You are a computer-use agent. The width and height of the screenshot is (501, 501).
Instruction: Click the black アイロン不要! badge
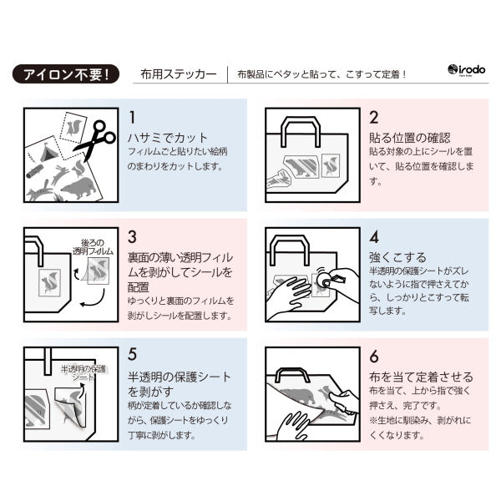point(66,73)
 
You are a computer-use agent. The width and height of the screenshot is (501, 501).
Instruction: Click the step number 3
point(132,237)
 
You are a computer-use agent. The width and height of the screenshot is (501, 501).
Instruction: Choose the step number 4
point(374,237)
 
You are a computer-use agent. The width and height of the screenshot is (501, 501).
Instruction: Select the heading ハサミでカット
point(167,137)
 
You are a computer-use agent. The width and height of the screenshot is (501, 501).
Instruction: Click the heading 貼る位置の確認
point(409,137)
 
